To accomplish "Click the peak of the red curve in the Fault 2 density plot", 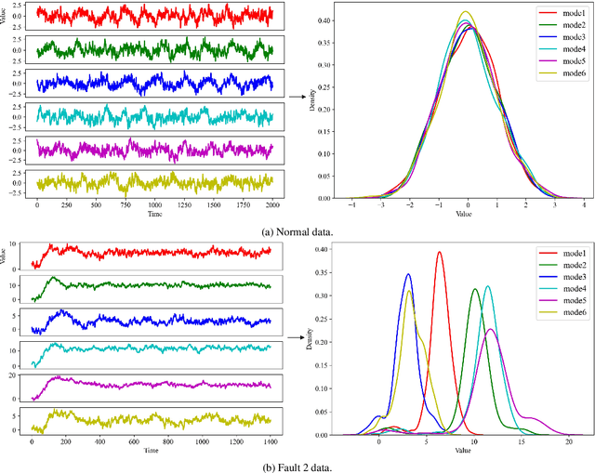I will point(440,252).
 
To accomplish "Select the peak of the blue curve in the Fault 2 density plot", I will point(408,274).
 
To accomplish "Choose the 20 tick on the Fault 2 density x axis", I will point(569,443).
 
